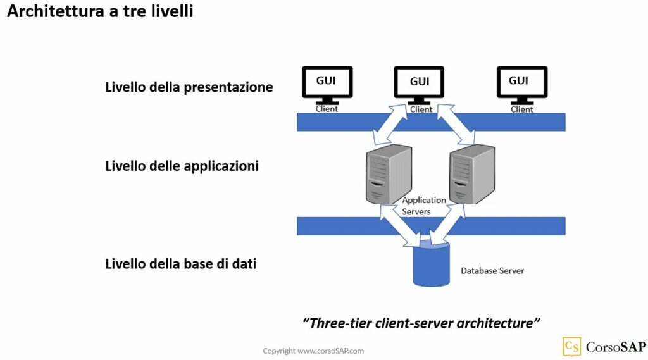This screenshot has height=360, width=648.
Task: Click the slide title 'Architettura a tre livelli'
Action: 100,11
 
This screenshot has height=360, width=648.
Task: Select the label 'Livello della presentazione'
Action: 189,87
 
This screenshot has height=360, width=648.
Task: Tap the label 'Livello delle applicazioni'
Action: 182,167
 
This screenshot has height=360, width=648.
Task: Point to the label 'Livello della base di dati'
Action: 180,264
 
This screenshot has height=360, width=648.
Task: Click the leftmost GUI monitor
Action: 327,83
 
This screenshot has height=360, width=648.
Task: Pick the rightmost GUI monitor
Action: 521,83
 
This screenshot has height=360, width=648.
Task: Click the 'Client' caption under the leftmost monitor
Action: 327,109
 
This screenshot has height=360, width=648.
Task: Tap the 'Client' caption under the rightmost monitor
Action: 521,109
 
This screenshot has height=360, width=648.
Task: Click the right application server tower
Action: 471,173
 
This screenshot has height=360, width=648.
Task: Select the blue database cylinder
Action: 430,264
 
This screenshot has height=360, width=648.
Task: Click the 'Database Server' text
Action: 492,271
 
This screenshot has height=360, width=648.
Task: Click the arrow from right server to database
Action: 451,223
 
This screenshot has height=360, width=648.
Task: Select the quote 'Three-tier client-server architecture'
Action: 421,323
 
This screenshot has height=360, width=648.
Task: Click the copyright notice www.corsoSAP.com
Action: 313,351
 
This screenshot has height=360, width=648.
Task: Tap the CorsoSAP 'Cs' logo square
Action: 571,346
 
